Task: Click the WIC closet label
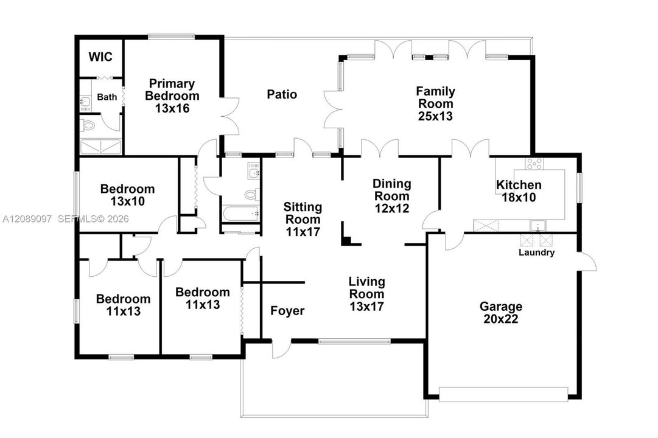pyautogui.click(x=100, y=57)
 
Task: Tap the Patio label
pyautogui.click(x=282, y=94)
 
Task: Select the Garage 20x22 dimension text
pyautogui.click(x=501, y=319)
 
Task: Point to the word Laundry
pyautogui.click(x=537, y=252)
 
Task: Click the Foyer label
pyautogui.click(x=287, y=311)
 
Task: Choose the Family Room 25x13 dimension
pyautogui.click(x=436, y=116)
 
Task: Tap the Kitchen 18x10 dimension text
pyautogui.click(x=519, y=197)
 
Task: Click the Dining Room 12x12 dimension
pyautogui.click(x=392, y=208)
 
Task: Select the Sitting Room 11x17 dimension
pyautogui.click(x=303, y=232)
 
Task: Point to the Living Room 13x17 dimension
pyautogui.click(x=367, y=306)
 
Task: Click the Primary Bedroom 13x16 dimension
pyautogui.click(x=172, y=108)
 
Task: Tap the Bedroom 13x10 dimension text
pyautogui.click(x=128, y=201)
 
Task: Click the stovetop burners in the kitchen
pyautogui.click(x=534, y=164)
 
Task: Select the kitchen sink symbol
pyautogui.click(x=537, y=226)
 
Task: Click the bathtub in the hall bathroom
pyautogui.click(x=241, y=214)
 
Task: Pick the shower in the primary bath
pyautogui.click(x=100, y=147)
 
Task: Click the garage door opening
pyautogui.click(x=503, y=394)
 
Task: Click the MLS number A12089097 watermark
pyautogui.click(x=27, y=218)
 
